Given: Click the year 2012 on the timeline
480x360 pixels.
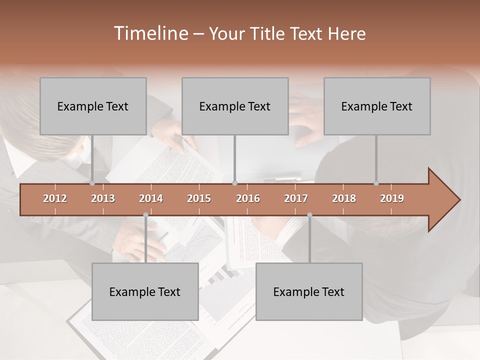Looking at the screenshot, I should point(55,198).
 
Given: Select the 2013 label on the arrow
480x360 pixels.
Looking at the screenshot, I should point(103,198).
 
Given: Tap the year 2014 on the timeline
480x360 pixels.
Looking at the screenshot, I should point(151,198).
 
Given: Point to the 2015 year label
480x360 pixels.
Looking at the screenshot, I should point(199,198).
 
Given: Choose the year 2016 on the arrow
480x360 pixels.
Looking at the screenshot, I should point(248,198).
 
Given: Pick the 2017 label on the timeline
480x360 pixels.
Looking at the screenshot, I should point(296,198).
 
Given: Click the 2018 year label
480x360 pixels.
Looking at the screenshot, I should point(344,198).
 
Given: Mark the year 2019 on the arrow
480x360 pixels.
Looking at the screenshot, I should point(392,198).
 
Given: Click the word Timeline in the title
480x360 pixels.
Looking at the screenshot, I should point(150,33).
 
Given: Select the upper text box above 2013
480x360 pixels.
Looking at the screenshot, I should point(93,106).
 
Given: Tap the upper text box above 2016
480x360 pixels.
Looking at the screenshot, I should point(235,106).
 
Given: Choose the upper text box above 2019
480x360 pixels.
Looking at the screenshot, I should point(377,106).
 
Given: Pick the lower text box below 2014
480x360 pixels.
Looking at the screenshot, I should point(145,291).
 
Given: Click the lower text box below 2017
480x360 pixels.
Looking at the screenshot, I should point(309,291).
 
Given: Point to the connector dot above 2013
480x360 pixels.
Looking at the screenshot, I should point(92,183).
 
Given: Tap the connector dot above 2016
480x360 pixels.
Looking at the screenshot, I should point(234,183).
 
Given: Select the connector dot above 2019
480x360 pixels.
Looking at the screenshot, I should point(376,183).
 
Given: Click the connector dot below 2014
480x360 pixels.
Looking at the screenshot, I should point(145,215).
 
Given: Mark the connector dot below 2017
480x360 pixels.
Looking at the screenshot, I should point(309,215).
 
